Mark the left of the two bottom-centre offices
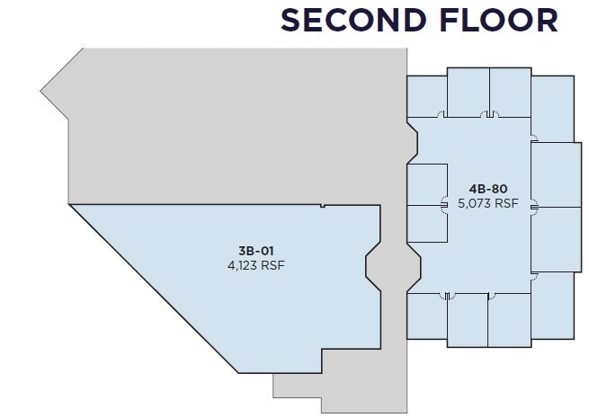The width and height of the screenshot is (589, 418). pyautogui.click(x=468, y=320)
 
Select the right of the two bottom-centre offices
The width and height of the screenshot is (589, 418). pyautogui.click(x=509, y=320)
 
